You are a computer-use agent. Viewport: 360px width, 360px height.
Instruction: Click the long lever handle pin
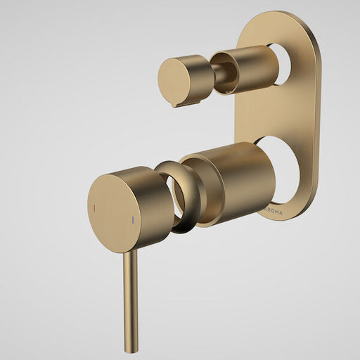(129, 295)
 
